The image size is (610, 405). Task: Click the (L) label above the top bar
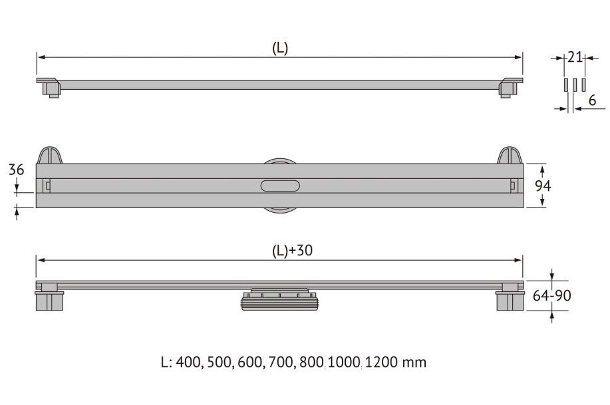tap(279, 49)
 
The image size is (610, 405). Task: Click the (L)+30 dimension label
tap(292, 250)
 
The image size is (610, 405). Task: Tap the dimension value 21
tap(575, 57)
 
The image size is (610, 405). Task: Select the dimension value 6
tap(592, 100)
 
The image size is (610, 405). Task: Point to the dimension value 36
tap(17, 170)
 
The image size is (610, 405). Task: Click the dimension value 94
tap(543, 186)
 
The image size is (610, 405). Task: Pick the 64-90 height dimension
tap(551, 296)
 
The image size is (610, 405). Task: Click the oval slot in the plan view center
tap(280, 186)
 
